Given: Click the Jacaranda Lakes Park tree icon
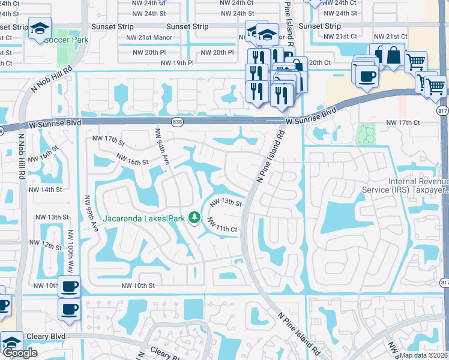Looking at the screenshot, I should pyautogui.click(x=194, y=218).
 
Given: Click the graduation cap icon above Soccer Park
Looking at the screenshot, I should pyautogui.click(x=40, y=28).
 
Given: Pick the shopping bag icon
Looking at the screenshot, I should pyautogui.click(x=393, y=56).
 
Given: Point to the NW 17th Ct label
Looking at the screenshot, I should pyautogui.click(x=402, y=122).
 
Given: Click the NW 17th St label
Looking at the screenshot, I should pyautogui.click(x=108, y=141).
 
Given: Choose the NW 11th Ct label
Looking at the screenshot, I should pyautogui.click(x=223, y=226).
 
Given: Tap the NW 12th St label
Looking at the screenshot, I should pyautogui.click(x=49, y=245).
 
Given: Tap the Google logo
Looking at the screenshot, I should pyautogui.click(x=20, y=353).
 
